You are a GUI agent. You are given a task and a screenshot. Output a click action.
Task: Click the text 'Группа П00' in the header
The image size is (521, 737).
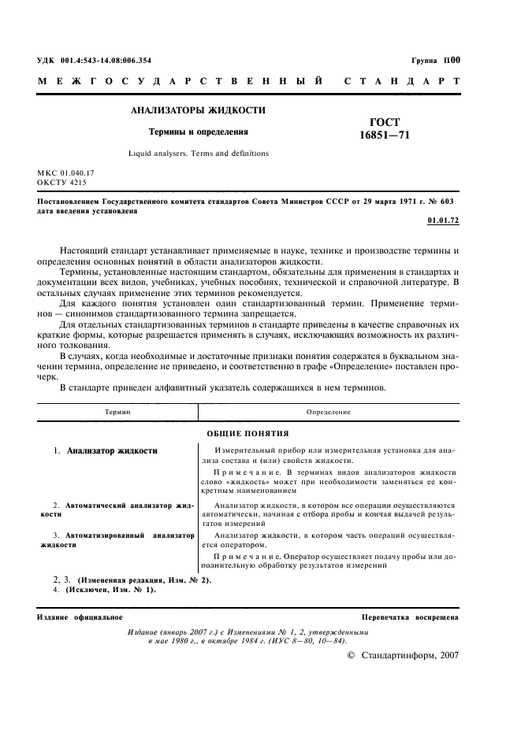click(x=435, y=60)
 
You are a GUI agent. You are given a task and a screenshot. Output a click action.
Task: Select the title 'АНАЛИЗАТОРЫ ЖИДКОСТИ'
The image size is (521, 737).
click(x=198, y=111)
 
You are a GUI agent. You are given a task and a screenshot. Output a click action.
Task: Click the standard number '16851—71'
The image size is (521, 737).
click(x=384, y=135)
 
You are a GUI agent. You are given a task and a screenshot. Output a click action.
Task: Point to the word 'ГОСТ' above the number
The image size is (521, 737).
click(x=385, y=122)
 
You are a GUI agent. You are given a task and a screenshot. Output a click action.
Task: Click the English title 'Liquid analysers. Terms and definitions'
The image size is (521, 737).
click(x=199, y=154)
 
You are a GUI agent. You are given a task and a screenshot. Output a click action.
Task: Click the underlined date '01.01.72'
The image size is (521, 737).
click(x=443, y=221)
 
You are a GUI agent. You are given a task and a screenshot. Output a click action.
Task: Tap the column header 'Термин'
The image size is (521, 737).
click(x=117, y=412)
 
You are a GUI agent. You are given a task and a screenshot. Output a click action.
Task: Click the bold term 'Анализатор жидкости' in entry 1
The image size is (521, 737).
click(x=113, y=451)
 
